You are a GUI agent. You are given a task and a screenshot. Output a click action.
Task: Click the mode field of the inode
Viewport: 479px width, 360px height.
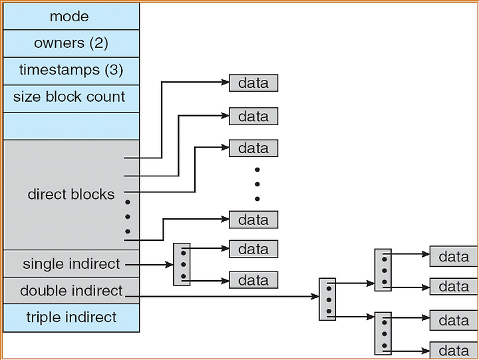pos(71,16)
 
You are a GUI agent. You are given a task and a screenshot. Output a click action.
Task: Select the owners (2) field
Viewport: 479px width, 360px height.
pos(71,43)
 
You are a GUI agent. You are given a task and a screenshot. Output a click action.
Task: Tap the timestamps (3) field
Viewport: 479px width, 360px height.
pos(71,71)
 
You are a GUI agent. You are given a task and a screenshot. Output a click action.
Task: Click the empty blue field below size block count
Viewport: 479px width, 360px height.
pos(71,126)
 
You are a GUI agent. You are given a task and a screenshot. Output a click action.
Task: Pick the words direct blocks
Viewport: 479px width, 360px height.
pos(71,194)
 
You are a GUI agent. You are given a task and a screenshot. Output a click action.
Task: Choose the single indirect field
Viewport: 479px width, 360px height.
pos(71,264)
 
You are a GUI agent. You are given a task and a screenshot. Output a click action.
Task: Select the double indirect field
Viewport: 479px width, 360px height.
pos(71,290)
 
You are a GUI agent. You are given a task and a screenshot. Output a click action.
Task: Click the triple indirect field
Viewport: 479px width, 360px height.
pos(71,317)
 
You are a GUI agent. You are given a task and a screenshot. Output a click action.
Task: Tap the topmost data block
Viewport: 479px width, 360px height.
pos(253,83)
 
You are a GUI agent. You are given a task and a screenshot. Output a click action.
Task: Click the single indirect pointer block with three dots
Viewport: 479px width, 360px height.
pos(182,264)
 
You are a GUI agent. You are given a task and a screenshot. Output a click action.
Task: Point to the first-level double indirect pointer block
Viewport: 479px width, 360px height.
pos(327,299)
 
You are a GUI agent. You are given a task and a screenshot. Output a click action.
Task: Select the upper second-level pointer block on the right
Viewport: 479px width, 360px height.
pos(383,270)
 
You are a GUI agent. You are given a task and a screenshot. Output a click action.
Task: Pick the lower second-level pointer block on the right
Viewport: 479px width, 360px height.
pos(383,333)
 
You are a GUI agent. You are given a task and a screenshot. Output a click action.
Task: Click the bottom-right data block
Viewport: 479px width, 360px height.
pos(454,351)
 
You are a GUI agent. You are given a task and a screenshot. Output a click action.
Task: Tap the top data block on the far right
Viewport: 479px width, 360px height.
pos(454,256)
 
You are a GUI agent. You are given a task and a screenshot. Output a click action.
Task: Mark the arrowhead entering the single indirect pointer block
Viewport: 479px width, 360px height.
pos(169,264)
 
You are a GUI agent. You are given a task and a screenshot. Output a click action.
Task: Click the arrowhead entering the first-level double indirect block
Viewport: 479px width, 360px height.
pos(315,296)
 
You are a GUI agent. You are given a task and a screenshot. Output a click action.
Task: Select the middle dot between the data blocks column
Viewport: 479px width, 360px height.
pos(257,184)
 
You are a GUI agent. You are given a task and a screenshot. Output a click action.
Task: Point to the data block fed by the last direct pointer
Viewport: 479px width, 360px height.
pos(253,220)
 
